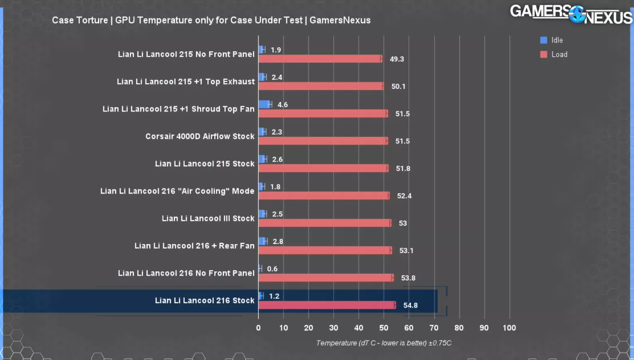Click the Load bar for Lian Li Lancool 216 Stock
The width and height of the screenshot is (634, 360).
point(327,305)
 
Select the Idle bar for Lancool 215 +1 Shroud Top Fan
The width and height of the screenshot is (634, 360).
point(264,104)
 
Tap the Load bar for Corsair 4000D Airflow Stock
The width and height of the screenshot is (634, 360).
point(323,141)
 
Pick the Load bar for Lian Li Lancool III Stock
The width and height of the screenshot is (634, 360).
point(324,223)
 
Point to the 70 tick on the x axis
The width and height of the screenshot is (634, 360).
point(434,328)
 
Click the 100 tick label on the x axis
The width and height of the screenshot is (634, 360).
point(509,328)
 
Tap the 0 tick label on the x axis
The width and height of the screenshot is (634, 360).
point(258,328)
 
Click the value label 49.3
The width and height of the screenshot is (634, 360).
point(397,59)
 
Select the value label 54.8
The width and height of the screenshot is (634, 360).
point(410,306)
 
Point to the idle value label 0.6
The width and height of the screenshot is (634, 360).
point(272,269)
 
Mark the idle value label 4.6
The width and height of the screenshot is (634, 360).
point(283,105)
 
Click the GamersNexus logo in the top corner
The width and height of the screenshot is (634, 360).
point(571,14)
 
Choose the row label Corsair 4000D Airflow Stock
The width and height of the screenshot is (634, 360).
point(200,136)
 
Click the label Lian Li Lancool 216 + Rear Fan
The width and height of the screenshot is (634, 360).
point(194,246)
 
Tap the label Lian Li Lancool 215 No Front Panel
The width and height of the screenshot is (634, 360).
point(186,54)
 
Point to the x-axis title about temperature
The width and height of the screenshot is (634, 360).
point(384,343)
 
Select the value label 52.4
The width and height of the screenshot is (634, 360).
point(404,196)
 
